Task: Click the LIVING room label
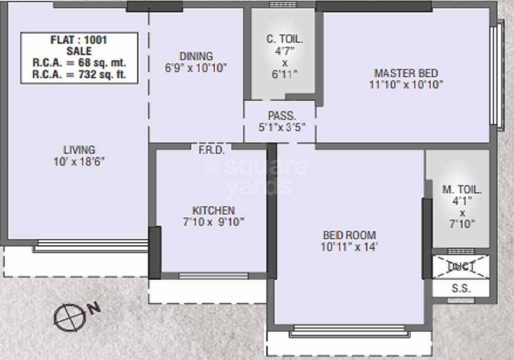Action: (79, 150)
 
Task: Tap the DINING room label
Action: (196, 56)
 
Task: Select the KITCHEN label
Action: (213, 210)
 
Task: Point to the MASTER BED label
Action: (406, 73)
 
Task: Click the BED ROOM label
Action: (350, 235)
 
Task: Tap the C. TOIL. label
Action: (284, 39)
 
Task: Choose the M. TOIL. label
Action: (462, 189)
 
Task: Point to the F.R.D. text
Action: (211, 150)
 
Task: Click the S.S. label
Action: (461, 289)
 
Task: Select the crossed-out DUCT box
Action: (461, 266)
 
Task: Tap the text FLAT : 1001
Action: (79, 40)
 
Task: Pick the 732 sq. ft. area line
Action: (79, 74)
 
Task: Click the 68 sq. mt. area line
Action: (79, 63)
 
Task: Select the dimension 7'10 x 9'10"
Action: (213, 222)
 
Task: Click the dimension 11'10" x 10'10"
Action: (406, 85)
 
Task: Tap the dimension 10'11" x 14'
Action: (350, 247)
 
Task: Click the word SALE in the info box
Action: (79, 51)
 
